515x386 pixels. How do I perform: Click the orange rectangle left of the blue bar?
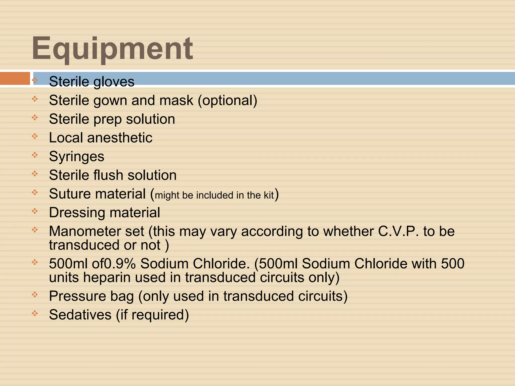click(x=15, y=78)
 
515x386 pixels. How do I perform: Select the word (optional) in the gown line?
click(x=228, y=101)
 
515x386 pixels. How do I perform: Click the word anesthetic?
click(x=120, y=138)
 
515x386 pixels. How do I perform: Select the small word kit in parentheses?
click(x=269, y=195)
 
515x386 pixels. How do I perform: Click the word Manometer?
click(x=97, y=231)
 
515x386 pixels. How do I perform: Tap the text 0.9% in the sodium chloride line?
click(x=120, y=264)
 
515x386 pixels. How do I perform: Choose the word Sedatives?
click(x=80, y=315)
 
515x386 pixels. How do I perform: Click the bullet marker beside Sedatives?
click(x=35, y=313)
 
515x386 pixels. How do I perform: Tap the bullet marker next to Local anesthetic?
click(x=35, y=136)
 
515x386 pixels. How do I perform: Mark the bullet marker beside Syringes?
click(x=35, y=155)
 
